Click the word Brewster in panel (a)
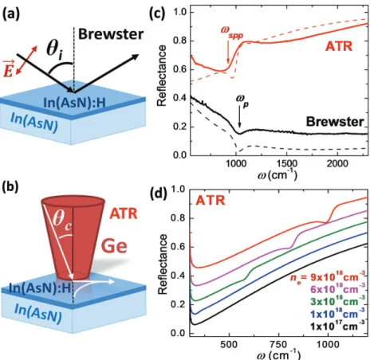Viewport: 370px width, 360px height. pos(111,34)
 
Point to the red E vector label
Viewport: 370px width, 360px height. pos(9,68)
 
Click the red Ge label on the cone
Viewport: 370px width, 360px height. pos(115,246)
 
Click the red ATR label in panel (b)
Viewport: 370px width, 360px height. pos(124,213)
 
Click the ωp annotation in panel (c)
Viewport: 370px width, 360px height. pos(242,100)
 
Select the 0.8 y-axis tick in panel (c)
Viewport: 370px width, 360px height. pos(179,41)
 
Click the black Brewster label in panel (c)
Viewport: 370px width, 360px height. pos(335,122)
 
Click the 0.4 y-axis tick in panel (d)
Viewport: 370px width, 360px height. pos(178,276)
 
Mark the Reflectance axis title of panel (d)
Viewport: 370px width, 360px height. pos(163,264)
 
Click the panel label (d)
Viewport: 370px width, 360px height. pos(159,194)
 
